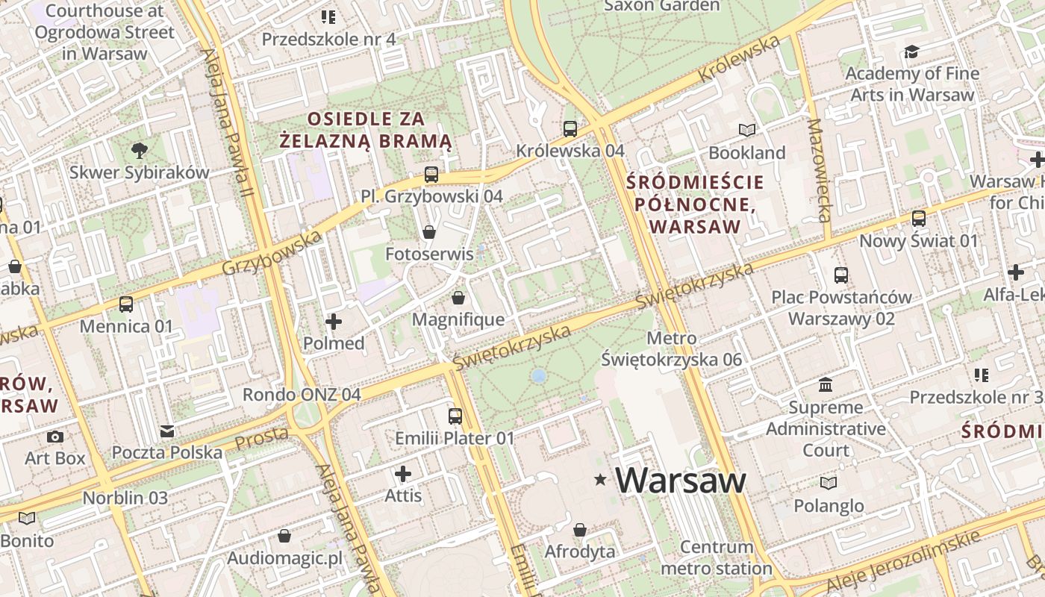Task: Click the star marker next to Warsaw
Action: click(x=600, y=480)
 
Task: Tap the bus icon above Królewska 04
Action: click(x=570, y=128)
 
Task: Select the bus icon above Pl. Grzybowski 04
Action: click(x=431, y=175)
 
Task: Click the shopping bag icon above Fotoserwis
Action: click(x=429, y=232)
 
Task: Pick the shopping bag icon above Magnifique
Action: click(x=458, y=298)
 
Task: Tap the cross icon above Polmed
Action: click(x=334, y=322)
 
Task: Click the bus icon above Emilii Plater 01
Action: click(x=455, y=416)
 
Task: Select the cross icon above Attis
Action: click(x=403, y=474)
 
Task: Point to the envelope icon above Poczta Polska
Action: click(x=167, y=431)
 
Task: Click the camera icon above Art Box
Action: click(x=55, y=437)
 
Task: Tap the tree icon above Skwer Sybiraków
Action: click(x=139, y=151)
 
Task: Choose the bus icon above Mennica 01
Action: click(x=126, y=304)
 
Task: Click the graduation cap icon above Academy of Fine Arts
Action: click(x=911, y=51)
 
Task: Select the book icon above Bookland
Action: click(x=747, y=131)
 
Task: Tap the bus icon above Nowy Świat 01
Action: click(x=919, y=219)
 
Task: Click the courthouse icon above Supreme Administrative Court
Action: click(x=826, y=385)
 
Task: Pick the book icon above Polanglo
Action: click(x=829, y=483)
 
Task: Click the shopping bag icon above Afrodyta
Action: click(x=580, y=530)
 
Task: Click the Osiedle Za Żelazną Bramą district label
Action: click(x=366, y=129)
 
